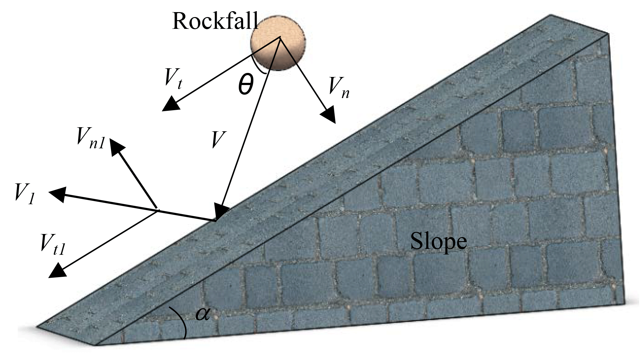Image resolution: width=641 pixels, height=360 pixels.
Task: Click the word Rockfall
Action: tap(215, 21)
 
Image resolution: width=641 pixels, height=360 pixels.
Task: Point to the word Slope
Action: tap(438, 241)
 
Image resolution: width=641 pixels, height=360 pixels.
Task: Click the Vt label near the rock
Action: tap(173, 78)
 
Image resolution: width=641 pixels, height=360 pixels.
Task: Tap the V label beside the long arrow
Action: tap(218, 139)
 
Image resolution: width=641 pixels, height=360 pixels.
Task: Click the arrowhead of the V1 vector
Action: tap(58, 194)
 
